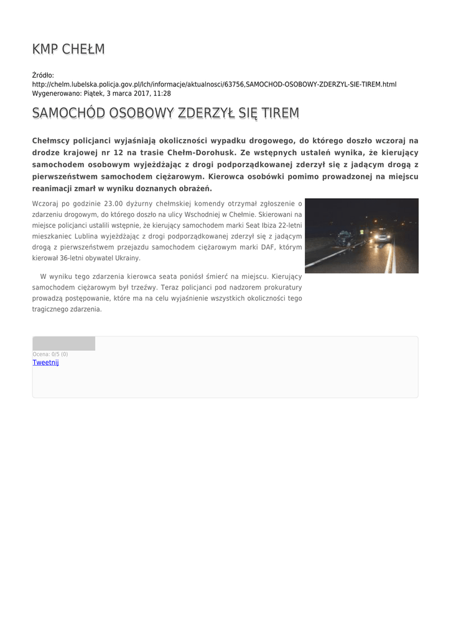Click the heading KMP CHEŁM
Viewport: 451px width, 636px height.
(x=68, y=49)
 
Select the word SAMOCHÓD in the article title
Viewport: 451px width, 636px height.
(x=68, y=113)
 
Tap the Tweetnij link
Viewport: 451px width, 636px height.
(x=45, y=362)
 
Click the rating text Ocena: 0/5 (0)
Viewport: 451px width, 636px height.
(x=50, y=354)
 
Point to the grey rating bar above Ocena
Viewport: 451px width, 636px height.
(x=63, y=343)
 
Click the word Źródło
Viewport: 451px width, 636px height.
(x=43, y=75)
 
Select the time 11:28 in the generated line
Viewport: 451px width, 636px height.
(x=162, y=93)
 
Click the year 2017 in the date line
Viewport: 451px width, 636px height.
(x=137, y=93)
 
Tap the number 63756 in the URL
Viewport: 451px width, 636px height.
(x=234, y=84)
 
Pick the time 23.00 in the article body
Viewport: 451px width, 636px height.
(x=113, y=203)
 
